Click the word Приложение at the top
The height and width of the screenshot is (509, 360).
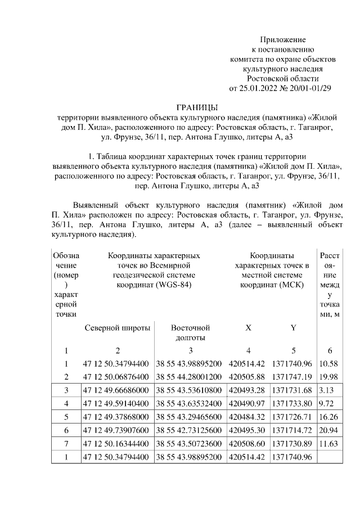coord(282,39)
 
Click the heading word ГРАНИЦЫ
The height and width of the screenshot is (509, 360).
coord(197,107)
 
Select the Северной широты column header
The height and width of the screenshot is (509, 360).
coord(118,327)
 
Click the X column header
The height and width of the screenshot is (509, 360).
coord(248,327)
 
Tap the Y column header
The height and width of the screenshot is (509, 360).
coord(292,327)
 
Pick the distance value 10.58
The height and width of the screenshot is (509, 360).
coord(328,363)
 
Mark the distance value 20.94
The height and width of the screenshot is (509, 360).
coord(328,430)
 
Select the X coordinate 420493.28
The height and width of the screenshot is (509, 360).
coord(247,390)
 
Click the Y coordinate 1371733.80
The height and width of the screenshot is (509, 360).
coord(292,403)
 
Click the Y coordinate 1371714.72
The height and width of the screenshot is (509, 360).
coord(292,430)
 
